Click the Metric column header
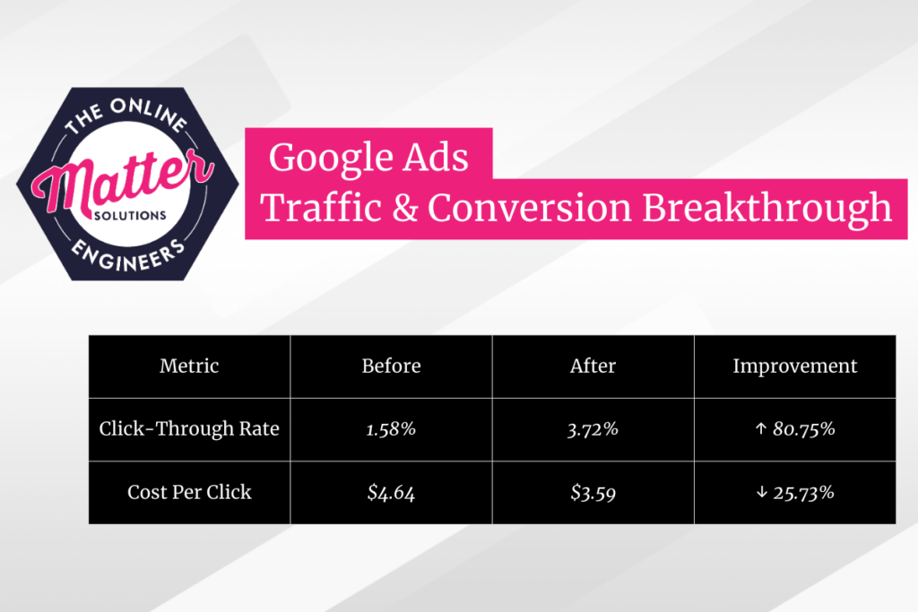[x=189, y=366]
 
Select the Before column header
[x=391, y=366]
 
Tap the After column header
[x=593, y=366]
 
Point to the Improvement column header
[x=794, y=366]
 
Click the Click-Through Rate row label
[x=189, y=429]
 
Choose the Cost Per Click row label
[x=189, y=492]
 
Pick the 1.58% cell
[x=391, y=429]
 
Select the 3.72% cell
[x=593, y=429]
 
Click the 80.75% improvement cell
[x=794, y=429]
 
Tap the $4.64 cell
[x=391, y=492]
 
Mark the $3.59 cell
[x=593, y=492]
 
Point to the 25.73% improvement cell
[x=794, y=492]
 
